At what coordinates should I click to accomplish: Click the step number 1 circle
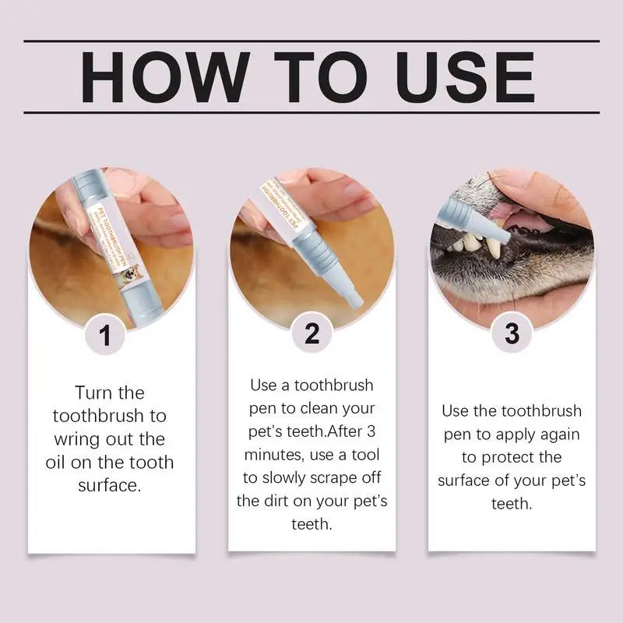click(x=107, y=336)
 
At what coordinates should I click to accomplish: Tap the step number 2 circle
click(x=311, y=333)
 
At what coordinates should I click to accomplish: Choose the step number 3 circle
click(x=511, y=333)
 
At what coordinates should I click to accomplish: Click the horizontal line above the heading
click(x=311, y=40)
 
